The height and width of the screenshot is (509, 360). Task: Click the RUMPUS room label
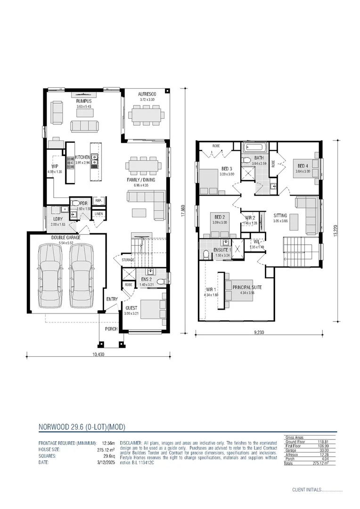click(x=84, y=101)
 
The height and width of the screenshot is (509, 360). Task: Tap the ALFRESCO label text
click(x=147, y=94)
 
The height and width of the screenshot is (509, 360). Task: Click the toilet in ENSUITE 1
click(x=205, y=254)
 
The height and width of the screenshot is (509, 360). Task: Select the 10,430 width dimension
click(x=98, y=354)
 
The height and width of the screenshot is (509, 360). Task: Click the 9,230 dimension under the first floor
click(x=259, y=332)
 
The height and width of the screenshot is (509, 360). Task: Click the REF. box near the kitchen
click(x=98, y=201)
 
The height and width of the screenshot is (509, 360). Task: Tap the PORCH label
click(x=111, y=329)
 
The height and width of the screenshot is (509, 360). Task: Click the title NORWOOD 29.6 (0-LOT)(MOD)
click(x=82, y=427)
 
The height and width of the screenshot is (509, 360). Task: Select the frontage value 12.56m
click(x=106, y=443)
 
